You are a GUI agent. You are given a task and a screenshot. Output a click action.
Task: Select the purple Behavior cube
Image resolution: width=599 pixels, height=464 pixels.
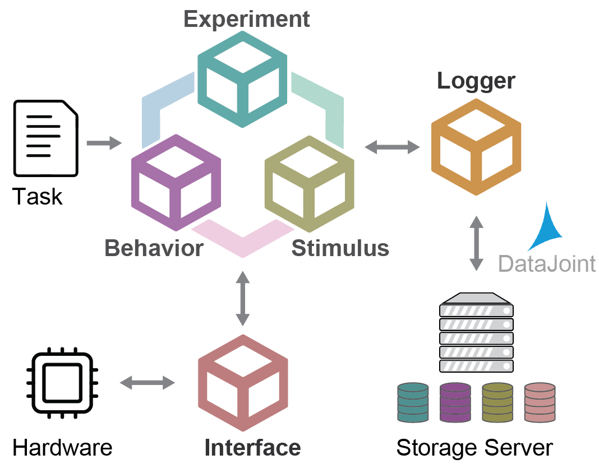pyautogui.click(x=176, y=183)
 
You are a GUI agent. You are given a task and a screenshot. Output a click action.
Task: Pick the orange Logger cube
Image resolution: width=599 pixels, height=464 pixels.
pyautogui.click(x=476, y=147)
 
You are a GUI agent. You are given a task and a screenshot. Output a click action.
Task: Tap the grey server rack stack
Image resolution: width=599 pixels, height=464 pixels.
pyautogui.click(x=476, y=333)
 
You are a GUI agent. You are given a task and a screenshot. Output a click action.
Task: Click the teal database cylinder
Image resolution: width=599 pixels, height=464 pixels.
pyautogui.click(x=412, y=402)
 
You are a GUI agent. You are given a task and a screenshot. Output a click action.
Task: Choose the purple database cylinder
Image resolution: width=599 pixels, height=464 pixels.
pyautogui.click(x=455, y=402)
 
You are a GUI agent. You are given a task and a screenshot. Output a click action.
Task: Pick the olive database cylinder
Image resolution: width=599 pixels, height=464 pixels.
pyautogui.click(x=497, y=402)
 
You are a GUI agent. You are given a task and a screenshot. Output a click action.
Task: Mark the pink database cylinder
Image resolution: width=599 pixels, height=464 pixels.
pyautogui.click(x=539, y=402)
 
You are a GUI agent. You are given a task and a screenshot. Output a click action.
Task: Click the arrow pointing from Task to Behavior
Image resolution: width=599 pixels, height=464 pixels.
pyautogui.click(x=104, y=143)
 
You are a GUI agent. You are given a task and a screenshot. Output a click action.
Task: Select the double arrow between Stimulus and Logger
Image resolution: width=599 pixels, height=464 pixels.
pyautogui.click(x=392, y=147)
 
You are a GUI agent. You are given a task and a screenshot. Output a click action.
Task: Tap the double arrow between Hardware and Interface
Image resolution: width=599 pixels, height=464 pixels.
pyautogui.click(x=148, y=383)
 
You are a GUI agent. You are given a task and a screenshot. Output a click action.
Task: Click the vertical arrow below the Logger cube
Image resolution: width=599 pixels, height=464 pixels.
pyautogui.click(x=476, y=243)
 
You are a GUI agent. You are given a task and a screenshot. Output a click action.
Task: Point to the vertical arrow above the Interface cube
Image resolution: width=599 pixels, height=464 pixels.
pyautogui.click(x=242, y=298)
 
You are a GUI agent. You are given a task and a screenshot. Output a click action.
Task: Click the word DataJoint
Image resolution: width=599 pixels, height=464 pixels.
pyautogui.click(x=547, y=263)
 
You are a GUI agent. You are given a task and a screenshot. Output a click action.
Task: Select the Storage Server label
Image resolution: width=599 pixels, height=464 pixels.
pyautogui.click(x=474, y=448)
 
